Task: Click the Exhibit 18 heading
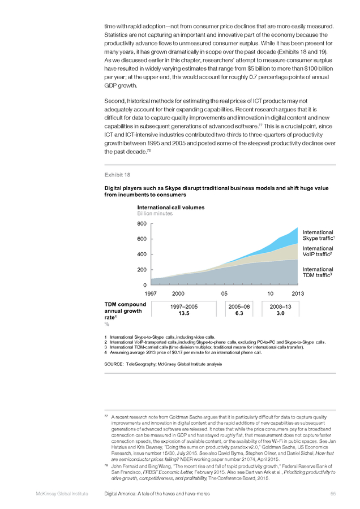[117, 175]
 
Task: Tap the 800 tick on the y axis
[142, 223]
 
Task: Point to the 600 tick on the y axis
[142, 239]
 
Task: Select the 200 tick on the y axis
[142, 270]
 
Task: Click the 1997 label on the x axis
[151, 294]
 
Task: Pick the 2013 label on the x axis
[298, 294]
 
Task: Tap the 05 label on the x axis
[224, 294]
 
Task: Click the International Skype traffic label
[319, 235]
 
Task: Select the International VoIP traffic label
[318, 251]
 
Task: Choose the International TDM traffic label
[318, 272]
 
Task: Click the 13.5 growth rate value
[184, 313]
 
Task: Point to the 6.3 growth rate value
[239, 313]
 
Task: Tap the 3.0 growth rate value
[280, 313]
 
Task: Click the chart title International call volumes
[171, 208]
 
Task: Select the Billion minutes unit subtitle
[155, 214]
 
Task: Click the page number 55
[333, 494]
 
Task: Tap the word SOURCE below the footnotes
[113, 364]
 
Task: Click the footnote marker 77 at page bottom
[106, 416]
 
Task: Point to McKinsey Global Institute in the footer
[62, 494]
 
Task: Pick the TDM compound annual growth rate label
[125, 311]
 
